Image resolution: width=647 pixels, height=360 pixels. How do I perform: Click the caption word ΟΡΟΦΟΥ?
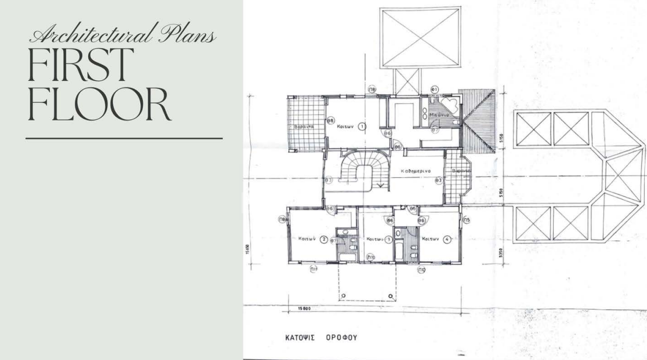click(341, 338)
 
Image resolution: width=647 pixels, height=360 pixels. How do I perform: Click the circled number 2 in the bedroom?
click(323, 239)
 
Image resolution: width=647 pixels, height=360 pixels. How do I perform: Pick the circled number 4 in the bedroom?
click(446, 239)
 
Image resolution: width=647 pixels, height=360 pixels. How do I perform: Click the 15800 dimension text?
click(304, 308)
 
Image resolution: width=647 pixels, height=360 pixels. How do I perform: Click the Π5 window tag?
click(467, 220)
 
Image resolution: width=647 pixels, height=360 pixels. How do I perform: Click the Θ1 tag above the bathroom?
click(435, 88)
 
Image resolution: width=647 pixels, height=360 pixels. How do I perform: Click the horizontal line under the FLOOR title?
click(124, 139)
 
